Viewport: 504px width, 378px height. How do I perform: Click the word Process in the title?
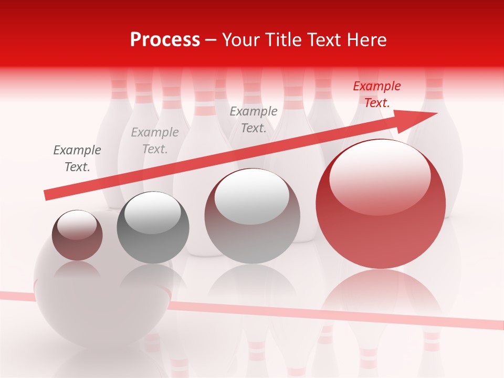click(x=165, y=40)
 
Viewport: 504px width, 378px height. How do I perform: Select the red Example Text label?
click(x=376, y=94)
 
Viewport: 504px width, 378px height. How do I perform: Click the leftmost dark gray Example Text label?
click(x=77, y=159)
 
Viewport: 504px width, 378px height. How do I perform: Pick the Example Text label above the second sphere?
click(x=154, y=141)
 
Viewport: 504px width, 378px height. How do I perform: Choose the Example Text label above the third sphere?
click(x=254, y=120)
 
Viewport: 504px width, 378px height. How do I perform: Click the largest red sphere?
click(x=381, y=236)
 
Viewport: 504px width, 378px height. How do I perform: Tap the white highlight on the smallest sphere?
click(x=77, y=225)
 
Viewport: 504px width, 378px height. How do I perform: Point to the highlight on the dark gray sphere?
click(x=152, y=213)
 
